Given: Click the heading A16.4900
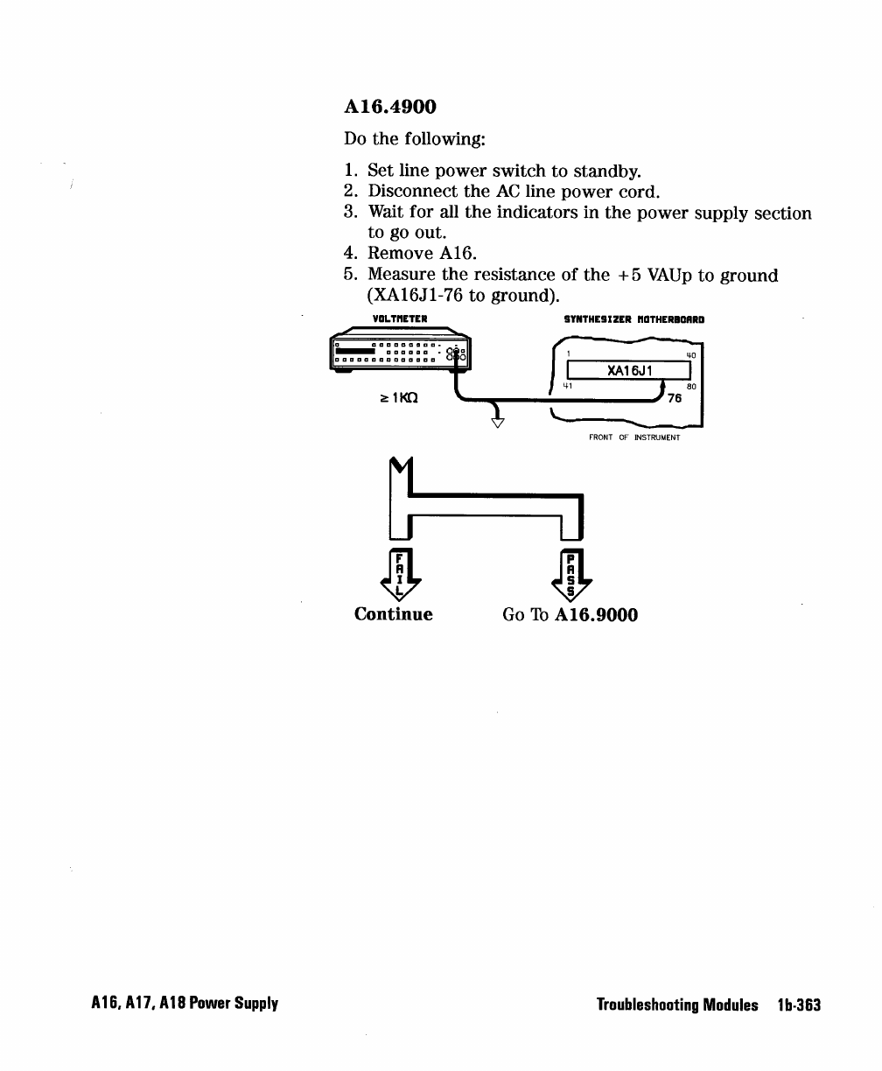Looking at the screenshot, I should (389, 108).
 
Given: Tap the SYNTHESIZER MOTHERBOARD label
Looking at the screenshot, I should (634, 319).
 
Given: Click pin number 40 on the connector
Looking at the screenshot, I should (690, 355).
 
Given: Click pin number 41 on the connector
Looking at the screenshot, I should (568, 385).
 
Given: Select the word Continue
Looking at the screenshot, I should (393, 614).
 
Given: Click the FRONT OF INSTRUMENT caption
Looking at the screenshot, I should (633, 437).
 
